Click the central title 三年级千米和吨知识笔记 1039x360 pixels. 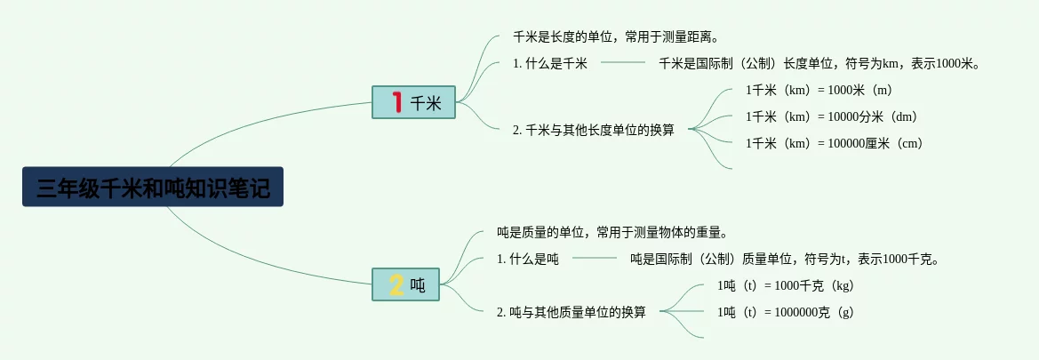(153, 188)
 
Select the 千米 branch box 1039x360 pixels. (413, 103)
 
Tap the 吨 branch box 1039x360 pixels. (406, 285)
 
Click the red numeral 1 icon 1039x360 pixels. (397, 103)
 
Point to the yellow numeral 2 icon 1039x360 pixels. (396, 285)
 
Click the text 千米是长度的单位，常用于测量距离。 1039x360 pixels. (615, 37)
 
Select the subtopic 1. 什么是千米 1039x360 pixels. (550, 63)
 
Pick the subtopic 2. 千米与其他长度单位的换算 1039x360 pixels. (593, 130)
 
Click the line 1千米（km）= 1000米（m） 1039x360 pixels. (819, 90)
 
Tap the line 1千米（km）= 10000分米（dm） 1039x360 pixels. (831, 116)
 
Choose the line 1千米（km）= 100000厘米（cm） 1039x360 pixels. (834, 143)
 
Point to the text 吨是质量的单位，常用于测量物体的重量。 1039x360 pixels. (612, 233)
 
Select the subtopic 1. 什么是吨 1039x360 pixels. (528, 260)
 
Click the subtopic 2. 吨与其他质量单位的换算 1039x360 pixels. (571, 312)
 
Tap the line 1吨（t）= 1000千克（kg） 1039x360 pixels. (785, 285)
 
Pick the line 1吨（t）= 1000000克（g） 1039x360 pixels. (785, 312)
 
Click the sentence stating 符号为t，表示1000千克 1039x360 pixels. (785, 260)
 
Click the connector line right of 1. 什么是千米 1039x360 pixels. (623, 63)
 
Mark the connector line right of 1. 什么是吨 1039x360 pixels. (595, 259)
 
